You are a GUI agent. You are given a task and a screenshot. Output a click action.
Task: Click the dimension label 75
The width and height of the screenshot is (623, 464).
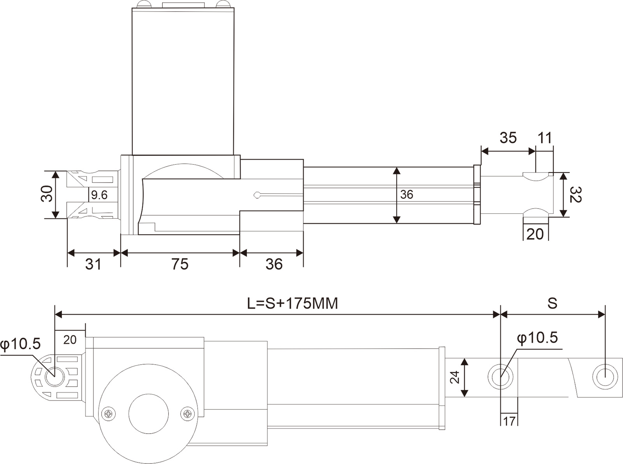(x=180, y=264)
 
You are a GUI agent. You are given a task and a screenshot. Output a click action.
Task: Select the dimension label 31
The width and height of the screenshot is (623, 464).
(x=93, y=264)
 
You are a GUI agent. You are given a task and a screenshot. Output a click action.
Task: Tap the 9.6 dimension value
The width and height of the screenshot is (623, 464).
(x=99, y=195)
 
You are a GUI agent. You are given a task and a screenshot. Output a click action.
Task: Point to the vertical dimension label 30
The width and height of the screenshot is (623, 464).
(x=47, y=193)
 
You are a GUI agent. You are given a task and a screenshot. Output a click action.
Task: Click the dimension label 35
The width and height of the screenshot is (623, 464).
(x=508, y=138)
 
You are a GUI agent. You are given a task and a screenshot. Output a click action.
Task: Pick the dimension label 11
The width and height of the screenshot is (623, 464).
(x=545, y=138)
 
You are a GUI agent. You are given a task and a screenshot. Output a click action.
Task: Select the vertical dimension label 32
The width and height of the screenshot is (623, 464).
(x=575, y=195)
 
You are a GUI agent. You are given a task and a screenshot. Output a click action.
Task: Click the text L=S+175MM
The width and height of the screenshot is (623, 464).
(x=292, y=304)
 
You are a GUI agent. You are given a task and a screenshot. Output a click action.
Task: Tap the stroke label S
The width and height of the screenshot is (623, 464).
(x=552, y=303)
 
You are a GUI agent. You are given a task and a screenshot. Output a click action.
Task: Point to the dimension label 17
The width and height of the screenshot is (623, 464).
(x=509, y=421)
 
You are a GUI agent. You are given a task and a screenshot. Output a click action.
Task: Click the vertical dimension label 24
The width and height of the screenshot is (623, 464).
(x=454, y=377)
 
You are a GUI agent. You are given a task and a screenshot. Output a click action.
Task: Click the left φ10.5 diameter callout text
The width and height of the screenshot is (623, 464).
(x=21, y=344)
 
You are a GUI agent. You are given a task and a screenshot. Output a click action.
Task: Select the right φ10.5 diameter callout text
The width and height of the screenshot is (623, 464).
(x=537, y=337)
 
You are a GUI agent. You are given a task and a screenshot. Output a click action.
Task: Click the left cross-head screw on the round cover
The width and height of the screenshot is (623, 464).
(x=108, y=414)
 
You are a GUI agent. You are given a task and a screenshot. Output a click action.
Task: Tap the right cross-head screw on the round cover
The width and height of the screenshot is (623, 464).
(x=187, y=413)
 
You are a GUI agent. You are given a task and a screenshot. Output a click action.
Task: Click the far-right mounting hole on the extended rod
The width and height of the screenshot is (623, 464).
(x=605, y=377)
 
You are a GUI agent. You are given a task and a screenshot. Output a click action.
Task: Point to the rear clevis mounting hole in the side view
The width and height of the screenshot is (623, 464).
(x=55, y=376)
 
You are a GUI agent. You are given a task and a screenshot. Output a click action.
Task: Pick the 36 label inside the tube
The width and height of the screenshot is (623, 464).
(x=407, y=194)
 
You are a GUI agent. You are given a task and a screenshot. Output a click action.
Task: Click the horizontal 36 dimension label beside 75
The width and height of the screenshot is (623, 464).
(x=274, y=264)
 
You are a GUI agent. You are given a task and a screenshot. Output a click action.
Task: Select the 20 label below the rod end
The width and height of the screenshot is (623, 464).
(x=535, y=234)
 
